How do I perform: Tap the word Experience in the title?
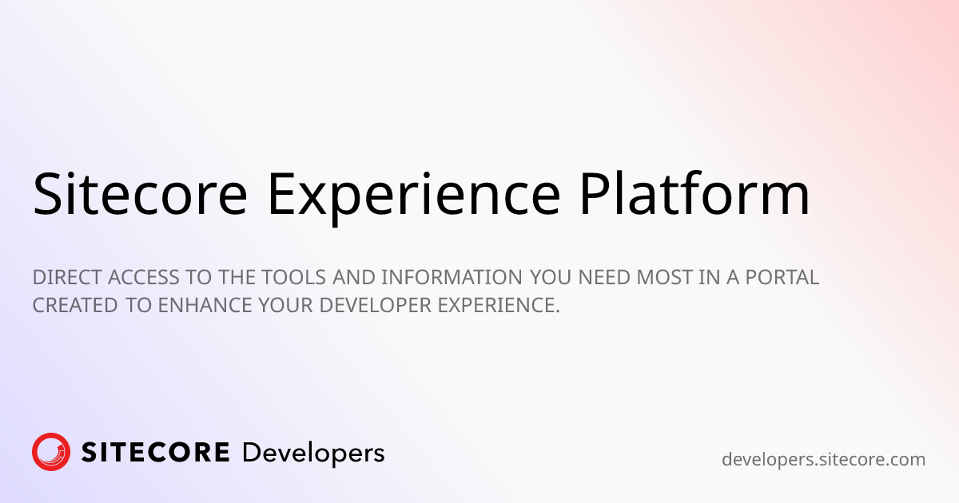[x=412, y=194]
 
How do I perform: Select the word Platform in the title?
[x=694, y=194]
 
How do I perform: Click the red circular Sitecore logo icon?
[x=51, y=453]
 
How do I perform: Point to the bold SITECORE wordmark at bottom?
[x=156, y=453]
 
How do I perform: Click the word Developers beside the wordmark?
[x=313, y=453]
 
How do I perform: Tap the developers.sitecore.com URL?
[x=823, y=460]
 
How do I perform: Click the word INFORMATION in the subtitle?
[x=453, y=278]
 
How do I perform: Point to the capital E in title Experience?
[x=281, y=194]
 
